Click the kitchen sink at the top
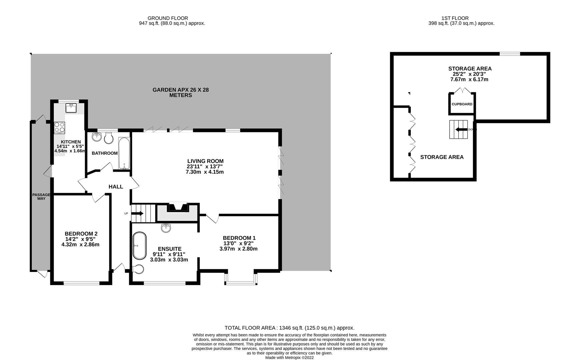(x=71, y=108)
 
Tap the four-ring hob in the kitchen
(x=60, y=128)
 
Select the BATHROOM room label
(x=105, y=153)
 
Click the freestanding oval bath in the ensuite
(x=139, y=246)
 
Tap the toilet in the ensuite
(x=138, y=269)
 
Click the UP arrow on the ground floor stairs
(x=138, y=213)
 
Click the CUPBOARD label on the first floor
(x=462, y=104)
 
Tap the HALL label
(x=116, y=187)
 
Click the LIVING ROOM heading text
(x=205, y=161)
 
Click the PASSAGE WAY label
(x=41, y=197)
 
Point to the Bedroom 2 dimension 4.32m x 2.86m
(x=80, y=245)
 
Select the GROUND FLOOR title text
(x=168, y=18)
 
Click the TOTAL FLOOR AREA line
(x=289, y=328)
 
